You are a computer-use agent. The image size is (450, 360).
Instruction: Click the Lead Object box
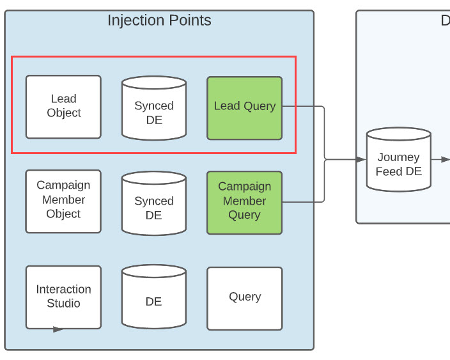pyautogui.click(x=63, y=107)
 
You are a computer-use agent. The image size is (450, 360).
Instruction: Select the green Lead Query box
pyautogui.click(x=244, y=107)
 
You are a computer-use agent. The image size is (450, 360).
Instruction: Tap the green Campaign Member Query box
pyautogui.click(x=244, y=202)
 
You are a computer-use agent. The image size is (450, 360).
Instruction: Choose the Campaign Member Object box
pyautogui.click(x=63, y=201)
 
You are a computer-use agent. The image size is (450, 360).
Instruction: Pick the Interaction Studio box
pyautogui.click(x=63, y=297)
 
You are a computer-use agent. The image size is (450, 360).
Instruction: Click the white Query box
pyautogui.click(x=244, y=298)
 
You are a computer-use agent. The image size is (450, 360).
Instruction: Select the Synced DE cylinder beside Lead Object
pyautogui.click(x=153, y=109)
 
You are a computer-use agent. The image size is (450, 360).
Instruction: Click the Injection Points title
pyautogui.click(x=159, y=20)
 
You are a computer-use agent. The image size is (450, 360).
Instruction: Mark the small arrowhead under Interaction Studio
pyautogui.click(x=58, y=329)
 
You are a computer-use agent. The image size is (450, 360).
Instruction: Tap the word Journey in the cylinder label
pyautogui.click(x=398, y=157)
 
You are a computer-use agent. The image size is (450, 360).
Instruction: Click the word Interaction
pyautogui.click(x=63, y=289)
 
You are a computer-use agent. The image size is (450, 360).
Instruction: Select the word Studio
pyautogui.click(x=63, y=303)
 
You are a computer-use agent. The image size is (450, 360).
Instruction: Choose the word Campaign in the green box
pyautogui.click(x=244, y=187)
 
